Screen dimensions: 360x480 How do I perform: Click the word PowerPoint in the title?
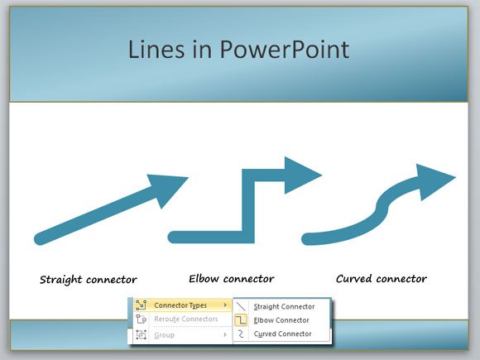(285, 50)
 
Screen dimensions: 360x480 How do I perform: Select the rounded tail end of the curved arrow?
(308, 239)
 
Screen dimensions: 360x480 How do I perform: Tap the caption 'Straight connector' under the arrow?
(89, 279)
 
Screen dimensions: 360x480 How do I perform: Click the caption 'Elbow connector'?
(231, 278)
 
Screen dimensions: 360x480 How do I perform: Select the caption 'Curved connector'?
(381, 278)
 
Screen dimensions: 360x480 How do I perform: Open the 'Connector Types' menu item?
(180, 305)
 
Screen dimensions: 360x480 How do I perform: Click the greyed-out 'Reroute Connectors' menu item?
(186, 319)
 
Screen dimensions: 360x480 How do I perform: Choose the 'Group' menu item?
(165, 334)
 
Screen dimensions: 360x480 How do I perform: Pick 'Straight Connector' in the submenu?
(284, 306)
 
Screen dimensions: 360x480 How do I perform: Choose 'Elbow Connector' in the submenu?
(281, 320)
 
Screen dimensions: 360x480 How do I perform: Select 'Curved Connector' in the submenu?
(282, 334)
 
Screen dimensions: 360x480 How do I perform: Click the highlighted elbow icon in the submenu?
(242, 320)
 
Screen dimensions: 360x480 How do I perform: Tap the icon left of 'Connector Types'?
(141, 305)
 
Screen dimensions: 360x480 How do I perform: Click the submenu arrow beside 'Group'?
(225, 334)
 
